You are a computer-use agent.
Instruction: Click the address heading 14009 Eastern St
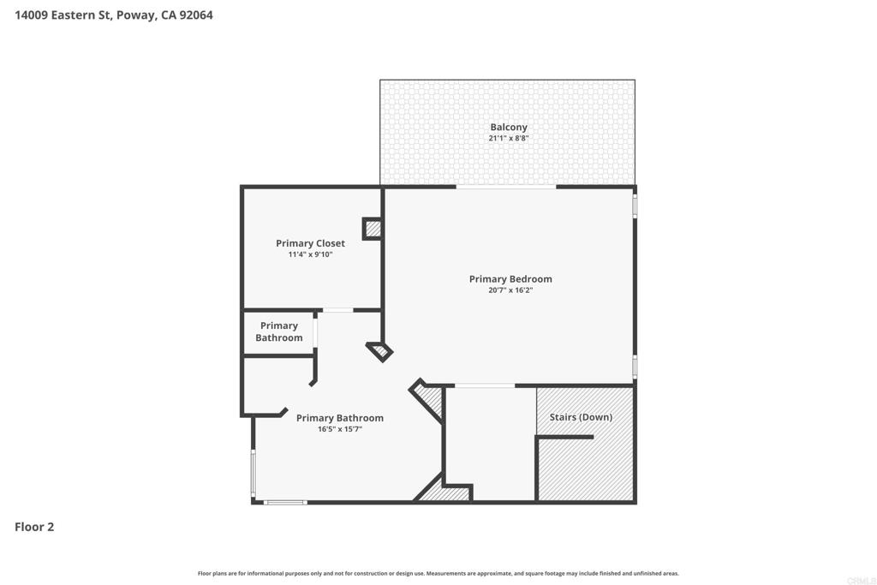(113, 15)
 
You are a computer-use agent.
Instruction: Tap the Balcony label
(509, 127)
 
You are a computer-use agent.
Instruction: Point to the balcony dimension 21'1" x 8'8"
(509, 138)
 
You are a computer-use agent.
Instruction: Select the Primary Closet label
(310, 243)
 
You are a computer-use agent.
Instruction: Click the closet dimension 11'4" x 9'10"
(310, 254)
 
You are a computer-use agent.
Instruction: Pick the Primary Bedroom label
(510, 278)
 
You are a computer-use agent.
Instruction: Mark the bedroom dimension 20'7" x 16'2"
(510, 290)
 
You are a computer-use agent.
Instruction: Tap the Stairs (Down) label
(581, 417)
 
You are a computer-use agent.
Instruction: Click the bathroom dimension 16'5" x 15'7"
(340, 429)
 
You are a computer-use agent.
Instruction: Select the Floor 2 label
(34, 527)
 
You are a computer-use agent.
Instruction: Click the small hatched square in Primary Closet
(373, 229)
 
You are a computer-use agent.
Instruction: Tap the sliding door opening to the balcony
(506, 187)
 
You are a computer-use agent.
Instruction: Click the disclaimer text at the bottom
(438, 574)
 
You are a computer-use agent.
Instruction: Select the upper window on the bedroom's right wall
(635, 206)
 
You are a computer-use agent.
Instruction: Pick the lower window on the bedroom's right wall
(635, 366)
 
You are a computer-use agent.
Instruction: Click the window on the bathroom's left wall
(253, 473)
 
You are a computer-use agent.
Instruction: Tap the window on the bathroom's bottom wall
(285, 502)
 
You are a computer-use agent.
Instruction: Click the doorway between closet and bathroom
(338, 310)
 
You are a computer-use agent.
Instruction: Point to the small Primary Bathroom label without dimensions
(279, 331)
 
